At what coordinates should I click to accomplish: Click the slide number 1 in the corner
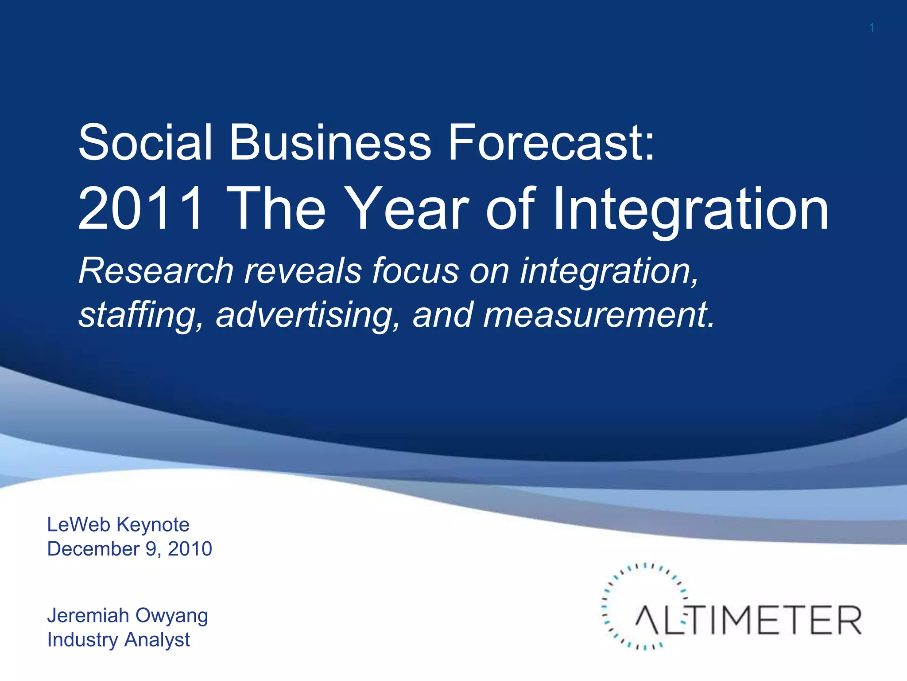coord(871,28)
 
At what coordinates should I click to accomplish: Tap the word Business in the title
coord(329,143)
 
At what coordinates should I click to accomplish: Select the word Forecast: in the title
coord(551,143)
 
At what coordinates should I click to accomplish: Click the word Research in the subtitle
coord(156,271)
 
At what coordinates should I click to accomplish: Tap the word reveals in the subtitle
coord(303,271)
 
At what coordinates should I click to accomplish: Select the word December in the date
coord(93,549)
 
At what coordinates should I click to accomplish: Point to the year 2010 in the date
coord(190,549)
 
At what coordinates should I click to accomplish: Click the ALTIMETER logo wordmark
coord(748,620)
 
